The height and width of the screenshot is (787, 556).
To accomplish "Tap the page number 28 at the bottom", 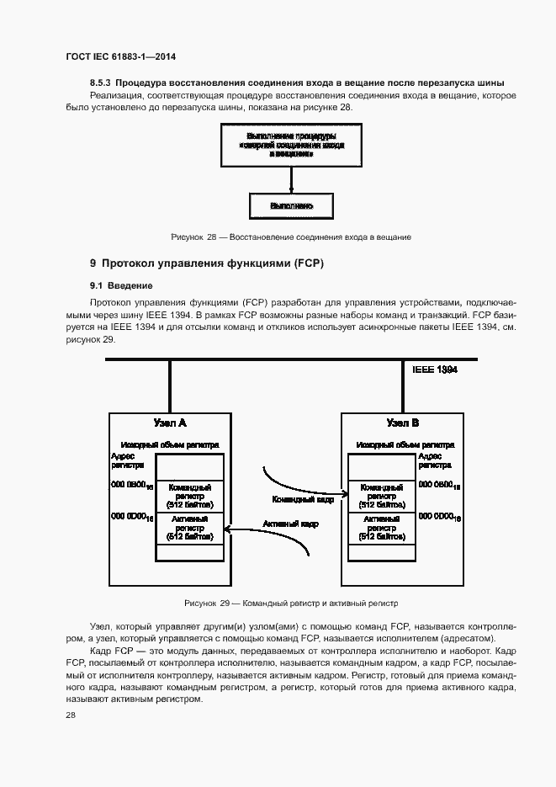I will coord(71,715).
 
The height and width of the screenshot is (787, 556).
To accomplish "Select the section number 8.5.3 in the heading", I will coord(100,83).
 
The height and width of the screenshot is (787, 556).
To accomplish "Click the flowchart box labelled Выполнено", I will coord(291,205).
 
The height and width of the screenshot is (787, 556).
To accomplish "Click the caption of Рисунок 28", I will coord(290,238).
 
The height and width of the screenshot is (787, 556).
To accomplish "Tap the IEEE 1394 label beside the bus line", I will coord(435,370).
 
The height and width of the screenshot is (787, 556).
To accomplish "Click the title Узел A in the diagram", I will coord(169,423).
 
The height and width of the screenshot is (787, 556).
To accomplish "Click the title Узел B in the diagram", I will coord(402,423).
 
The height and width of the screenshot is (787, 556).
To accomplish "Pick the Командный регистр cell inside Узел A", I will coord(189,496).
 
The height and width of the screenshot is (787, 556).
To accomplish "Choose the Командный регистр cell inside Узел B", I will coord(381,496).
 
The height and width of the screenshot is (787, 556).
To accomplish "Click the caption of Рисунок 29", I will coord(290,604).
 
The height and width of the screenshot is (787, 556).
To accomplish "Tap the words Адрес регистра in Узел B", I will coord(434,460).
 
